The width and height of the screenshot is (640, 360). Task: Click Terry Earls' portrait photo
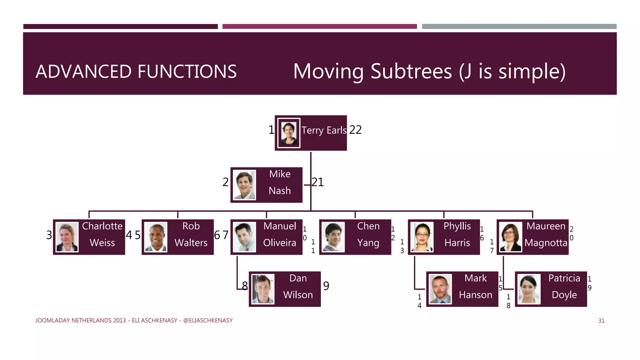[x=289, y=133]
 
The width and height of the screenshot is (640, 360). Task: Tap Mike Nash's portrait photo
[x=244, y=185]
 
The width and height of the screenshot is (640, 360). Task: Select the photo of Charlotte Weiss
[x=67, y=237]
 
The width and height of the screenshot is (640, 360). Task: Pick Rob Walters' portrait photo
[x=156, y=237]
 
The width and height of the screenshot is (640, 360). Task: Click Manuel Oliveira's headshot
[x=244, y=237]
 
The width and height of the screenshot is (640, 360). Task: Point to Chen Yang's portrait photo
[x=333, y=237]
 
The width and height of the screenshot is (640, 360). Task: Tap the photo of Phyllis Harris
[x=422, y=237]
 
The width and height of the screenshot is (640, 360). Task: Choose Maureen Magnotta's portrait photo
[x=511, y=237]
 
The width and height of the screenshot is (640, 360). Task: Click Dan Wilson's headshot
[x=263, y=289]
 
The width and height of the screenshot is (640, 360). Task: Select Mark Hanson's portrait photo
[x=440, y=289]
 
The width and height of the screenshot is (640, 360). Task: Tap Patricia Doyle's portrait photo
[x=529, y=289]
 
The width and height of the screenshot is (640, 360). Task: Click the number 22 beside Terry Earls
[x=355, y=130]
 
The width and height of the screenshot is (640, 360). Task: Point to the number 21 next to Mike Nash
[x=317, y=182]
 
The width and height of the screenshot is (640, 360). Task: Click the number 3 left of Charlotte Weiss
[x=49, y=235]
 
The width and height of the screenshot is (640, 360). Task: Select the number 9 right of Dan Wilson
[x=326, y=286]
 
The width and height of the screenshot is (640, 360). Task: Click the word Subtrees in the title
[x=411, y=71]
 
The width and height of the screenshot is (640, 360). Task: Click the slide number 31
[x=601, y=321]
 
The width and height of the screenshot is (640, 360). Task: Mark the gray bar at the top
[x=519, y=27]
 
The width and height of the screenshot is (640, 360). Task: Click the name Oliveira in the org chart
[x=279, y=243]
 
